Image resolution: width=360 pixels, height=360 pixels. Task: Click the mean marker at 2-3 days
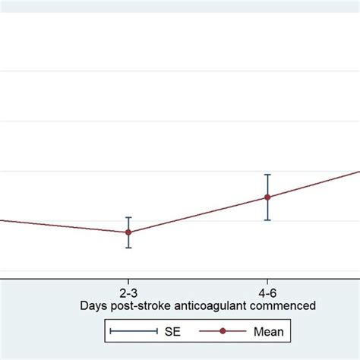tap(128, 232)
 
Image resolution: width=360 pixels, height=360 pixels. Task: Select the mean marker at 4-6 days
tap(267, 197)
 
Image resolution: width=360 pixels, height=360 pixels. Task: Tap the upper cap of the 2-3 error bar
tap(128, 217)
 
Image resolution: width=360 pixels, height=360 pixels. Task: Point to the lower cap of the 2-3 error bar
tap(128, 248)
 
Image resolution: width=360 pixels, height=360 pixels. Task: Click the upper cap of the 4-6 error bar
tap(267, 174)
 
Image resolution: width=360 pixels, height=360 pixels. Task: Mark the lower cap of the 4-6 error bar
tap(267, 220)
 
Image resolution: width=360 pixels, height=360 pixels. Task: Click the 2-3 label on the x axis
tap(128, 291)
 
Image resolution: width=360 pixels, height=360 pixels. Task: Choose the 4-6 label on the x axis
tap(267, 291)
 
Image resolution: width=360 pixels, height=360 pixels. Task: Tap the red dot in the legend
tap(222, 331)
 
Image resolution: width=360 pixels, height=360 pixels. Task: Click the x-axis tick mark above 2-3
tap(128, 280)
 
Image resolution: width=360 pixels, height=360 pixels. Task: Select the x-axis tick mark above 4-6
tap(267, 280)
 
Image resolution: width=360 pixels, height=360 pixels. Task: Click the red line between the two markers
tap(197, 214)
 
